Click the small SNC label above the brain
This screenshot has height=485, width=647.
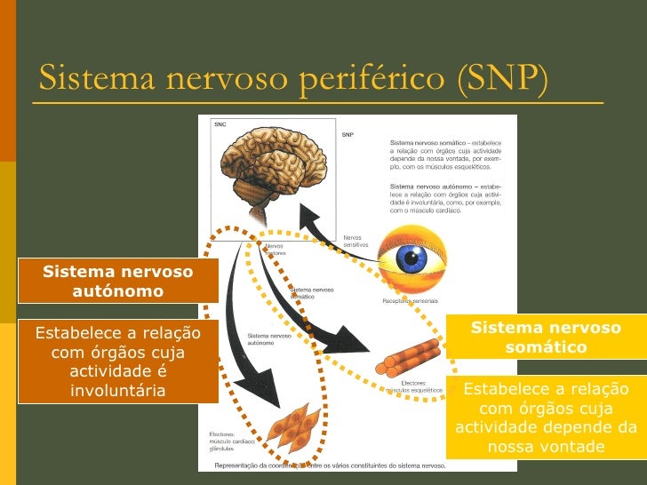point(220,124)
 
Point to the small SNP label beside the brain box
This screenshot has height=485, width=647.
point(347,135)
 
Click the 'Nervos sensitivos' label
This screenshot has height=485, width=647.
point(355,240)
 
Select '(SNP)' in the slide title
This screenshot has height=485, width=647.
point(500,79)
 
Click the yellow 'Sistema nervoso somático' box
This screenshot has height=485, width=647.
point(546,338)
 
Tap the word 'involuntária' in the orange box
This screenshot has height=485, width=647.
point(118,391)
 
